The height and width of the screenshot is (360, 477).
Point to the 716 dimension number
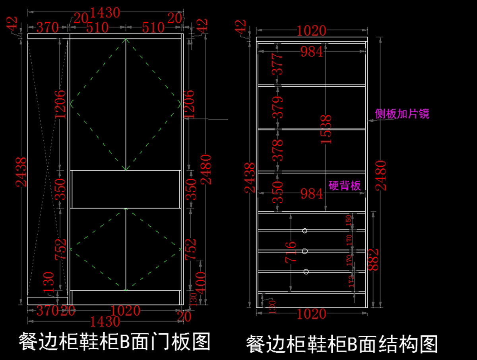tap(291, 252)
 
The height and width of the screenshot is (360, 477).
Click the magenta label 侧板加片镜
tap(402, 114)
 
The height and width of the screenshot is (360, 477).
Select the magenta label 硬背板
tap(345, 185)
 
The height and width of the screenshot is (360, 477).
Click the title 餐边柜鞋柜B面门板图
tap(114, 341)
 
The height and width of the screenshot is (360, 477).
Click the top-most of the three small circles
tap(304, 231)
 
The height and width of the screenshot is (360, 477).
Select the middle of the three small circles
tap(305, 251)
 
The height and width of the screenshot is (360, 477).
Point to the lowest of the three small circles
tap(306, 272)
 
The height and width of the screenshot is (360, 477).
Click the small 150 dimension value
tap(349, 221)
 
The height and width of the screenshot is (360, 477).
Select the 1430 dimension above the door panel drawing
tap(105, 13)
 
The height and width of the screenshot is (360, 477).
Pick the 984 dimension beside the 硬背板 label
tap(312, 194)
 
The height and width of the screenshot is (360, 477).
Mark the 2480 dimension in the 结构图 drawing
tap(381, 175)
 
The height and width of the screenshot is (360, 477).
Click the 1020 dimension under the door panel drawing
tap(126, 311)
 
